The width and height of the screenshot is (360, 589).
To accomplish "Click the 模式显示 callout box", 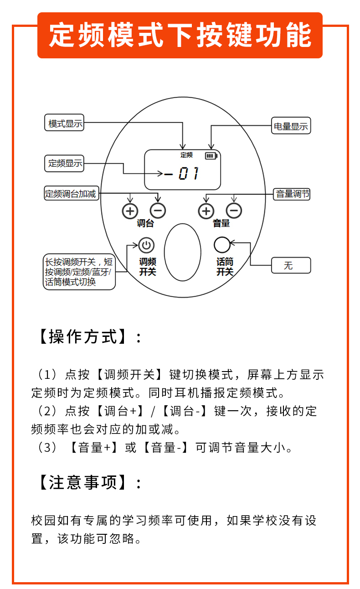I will point(66,123).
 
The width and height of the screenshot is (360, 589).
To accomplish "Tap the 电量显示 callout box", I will point(290,126).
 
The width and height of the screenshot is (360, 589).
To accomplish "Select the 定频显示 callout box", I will point(66,163).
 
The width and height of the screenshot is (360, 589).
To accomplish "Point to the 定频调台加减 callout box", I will point(71,193).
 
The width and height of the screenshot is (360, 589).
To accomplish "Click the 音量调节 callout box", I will point(293,194).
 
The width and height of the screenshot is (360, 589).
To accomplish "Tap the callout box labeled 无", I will point(291,265).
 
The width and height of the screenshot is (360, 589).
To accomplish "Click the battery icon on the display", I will point(210,156).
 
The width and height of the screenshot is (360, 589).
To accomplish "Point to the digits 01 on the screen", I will point(188,174).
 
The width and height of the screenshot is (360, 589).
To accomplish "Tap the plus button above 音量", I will point(206,211).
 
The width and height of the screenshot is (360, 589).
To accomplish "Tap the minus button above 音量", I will point(234,211).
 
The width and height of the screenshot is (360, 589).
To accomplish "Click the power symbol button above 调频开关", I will point(146,246).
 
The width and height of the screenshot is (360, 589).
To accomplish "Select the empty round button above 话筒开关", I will point(222,245).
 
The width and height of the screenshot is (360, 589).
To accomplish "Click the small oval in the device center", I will point(183,252).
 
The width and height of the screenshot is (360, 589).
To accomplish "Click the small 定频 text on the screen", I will point(186,155).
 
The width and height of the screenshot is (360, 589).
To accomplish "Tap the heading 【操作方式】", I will point(89,337).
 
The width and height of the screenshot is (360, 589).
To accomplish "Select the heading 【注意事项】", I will point(89,482).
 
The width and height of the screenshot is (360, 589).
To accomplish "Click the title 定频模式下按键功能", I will point(180,35).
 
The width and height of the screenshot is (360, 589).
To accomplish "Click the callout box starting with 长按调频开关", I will point(79,272).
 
